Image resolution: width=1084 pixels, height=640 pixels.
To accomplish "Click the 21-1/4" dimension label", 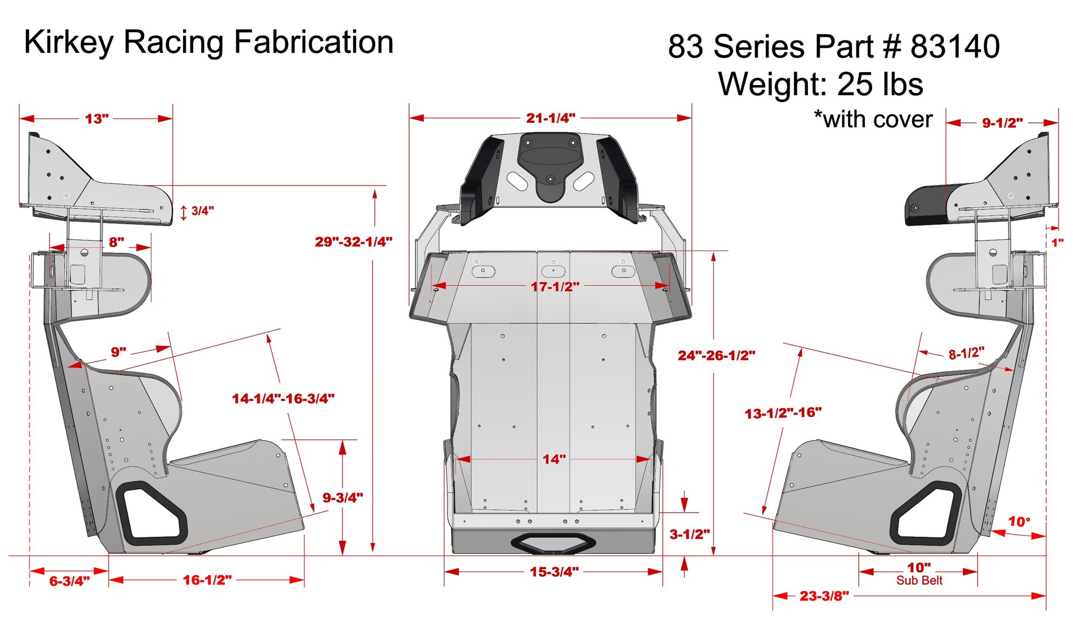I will [550, 118].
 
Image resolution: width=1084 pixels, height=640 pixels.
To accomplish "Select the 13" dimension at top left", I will [96, 119].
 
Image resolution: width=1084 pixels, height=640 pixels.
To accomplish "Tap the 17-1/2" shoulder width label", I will [554, 286].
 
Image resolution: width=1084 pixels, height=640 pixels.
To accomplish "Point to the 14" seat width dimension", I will [554, 459].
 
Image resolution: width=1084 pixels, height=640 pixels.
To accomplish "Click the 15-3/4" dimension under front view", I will [554, 572].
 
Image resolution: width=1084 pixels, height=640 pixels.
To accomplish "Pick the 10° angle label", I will [1019, 521].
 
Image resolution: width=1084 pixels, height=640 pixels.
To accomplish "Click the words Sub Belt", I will [919, 580].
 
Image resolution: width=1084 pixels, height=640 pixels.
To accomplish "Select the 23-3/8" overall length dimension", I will [824, 595].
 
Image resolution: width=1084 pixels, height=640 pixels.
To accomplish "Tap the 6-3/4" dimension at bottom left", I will [69, 581].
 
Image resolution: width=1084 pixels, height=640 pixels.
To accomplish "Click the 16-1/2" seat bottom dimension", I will [207, 580].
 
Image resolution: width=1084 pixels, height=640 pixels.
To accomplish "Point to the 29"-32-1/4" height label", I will [353, 242].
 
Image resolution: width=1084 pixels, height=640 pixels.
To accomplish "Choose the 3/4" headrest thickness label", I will [202, 211].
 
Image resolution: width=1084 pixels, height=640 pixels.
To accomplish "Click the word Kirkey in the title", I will [69, 43].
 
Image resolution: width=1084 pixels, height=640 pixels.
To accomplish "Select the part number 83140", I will [955, 46].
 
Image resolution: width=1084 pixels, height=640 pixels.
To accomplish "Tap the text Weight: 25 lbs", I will [820, 85].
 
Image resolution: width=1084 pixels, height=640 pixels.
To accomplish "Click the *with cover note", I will [873, 119].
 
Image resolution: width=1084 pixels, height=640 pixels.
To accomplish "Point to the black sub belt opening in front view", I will [553, 543].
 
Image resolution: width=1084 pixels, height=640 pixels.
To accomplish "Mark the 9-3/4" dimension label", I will [343, 497].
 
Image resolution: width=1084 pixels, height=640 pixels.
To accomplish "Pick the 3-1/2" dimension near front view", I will [689, 534].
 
